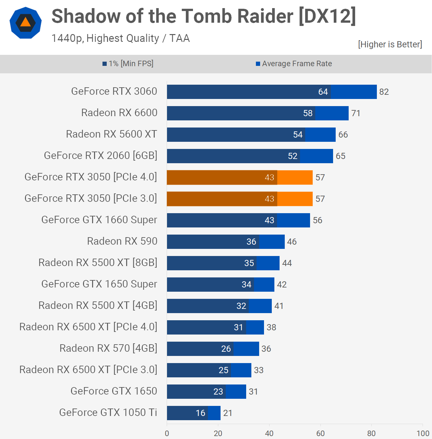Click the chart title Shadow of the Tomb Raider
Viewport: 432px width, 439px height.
click(x=204, y=16)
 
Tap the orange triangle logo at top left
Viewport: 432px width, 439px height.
click(x=26, y=23)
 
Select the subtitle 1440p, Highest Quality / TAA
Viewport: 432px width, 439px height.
click(x=120, y=38)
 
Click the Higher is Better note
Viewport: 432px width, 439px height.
click(x=390, y=44)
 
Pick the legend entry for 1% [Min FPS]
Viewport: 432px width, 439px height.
click(x=128, y=64)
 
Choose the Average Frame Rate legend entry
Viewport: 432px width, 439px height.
click(x=294, y=64)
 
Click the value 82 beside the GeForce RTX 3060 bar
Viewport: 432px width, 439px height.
click(x=384, y=92)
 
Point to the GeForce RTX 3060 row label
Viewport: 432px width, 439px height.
click(x=114, y=91)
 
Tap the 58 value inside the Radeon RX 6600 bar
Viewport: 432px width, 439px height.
click(x=308, y=113)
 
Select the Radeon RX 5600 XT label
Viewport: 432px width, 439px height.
click(x=112, y=134)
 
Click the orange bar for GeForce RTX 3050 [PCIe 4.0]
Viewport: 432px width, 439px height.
click(x=240, y=177)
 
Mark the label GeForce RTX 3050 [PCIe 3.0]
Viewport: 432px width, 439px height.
click(x=91, y=199)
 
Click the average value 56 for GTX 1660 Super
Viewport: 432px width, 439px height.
click(x=318, y=220)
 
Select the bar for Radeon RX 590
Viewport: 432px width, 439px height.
click(x=226, y=242)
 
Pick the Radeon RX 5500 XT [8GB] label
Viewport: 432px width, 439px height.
click(x=98, y=263)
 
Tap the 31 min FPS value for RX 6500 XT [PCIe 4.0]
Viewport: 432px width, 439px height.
click(x=238, y=327)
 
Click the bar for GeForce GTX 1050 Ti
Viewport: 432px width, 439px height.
click(x=194, y=413)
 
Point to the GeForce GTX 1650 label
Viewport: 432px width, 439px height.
click(x=114, y=391)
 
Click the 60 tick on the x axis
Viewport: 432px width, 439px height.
click(x=320, y=433)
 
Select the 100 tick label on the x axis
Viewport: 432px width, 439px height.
click(x=423, y=433)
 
